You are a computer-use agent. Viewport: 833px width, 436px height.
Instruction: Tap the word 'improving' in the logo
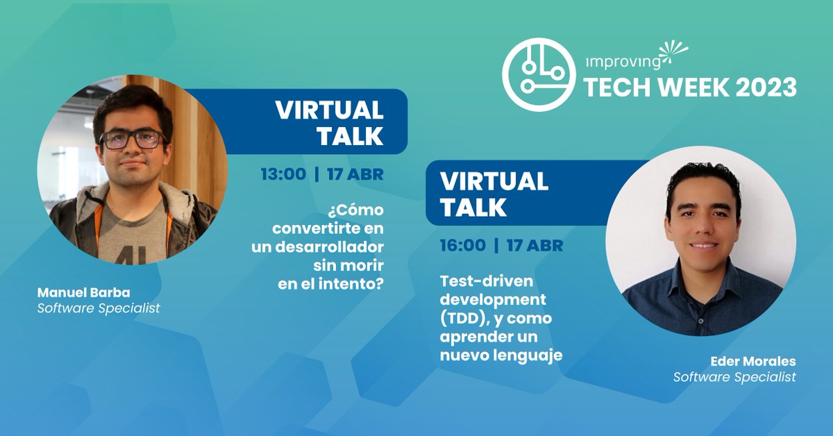point(622,61)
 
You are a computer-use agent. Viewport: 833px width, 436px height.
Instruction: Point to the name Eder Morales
point(752,362)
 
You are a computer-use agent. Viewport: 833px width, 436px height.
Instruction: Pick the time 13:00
point(283,174)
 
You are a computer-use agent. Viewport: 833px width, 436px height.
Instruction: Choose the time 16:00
point(462,245)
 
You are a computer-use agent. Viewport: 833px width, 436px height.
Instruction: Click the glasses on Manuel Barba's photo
point(131,140)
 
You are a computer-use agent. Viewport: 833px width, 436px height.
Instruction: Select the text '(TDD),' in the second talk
point(466,319)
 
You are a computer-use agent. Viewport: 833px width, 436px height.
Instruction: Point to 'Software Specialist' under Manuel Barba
point(99,308)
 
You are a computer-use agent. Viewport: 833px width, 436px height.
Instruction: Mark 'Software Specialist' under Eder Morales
point(734,378)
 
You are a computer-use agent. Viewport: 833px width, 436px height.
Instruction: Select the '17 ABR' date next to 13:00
point(355,174)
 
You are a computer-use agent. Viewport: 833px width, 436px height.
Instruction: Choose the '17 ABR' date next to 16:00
point(535,245)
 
